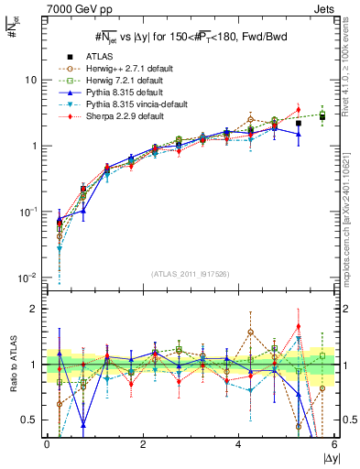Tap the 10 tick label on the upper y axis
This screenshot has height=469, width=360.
[30, 80]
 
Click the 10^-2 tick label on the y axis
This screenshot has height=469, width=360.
[27, 277]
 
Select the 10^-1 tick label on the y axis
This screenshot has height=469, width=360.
[27, 212]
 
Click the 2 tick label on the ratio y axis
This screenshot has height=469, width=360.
[35, 309]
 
